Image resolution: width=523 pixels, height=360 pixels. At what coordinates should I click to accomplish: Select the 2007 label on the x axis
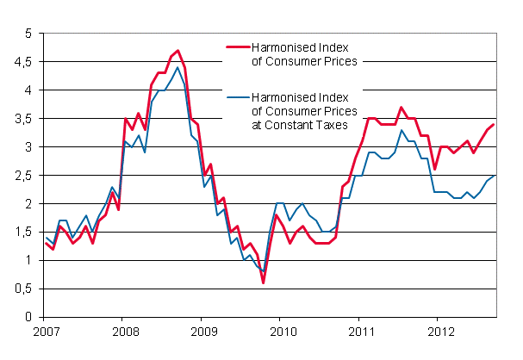(46, 331)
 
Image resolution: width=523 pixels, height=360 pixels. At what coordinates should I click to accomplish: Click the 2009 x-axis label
(203, 331)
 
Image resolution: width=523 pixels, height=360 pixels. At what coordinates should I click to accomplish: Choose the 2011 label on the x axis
(361, 331)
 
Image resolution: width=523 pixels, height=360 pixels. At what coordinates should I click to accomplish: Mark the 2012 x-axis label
(439, 331)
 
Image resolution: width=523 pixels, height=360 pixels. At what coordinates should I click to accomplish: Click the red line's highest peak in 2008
(177, 50)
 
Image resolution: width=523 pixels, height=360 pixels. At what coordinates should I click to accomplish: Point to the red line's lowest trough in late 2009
(263, 282)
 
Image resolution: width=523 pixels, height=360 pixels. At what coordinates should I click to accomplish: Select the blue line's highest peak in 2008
(177, 67)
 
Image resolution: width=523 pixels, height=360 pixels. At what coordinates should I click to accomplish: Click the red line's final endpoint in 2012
(493, 124)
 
